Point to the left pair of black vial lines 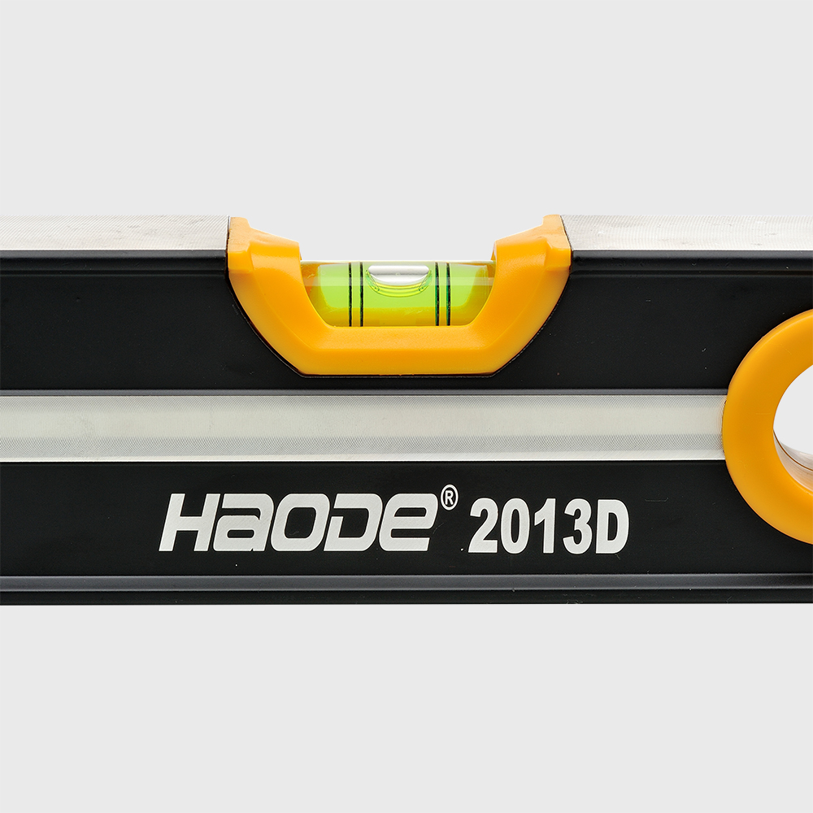tap(354, 295)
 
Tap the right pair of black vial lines tap(441, 294)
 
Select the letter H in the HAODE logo tap(193, 522)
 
